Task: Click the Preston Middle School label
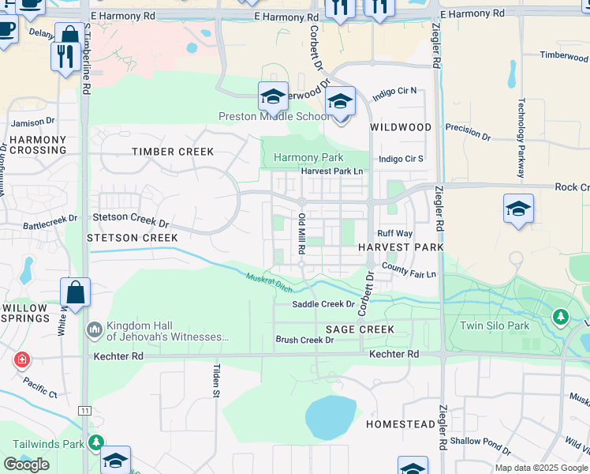(274, 117)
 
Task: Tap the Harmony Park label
(308, 158)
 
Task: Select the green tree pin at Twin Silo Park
(560, 317)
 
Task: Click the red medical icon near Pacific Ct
(21, 360)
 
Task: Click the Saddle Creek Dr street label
(323, 304)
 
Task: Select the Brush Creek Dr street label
(304, 340)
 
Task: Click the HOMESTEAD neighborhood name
(401, 424)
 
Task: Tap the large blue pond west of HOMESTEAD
(330, 418)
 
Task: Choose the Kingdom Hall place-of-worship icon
(94, 327)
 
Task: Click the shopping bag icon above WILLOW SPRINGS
(75, 292)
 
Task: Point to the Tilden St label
(215, 379)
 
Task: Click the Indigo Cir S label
(401, 158)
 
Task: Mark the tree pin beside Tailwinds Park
(95, 442)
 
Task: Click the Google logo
(26, 465)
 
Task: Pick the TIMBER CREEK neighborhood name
(173, 152)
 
